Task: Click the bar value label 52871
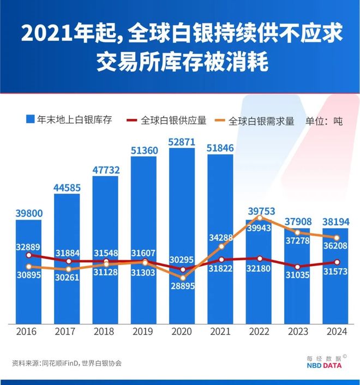click(182, 142)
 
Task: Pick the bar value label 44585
click(67, 188)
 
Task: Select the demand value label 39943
click(259, 227)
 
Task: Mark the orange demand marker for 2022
click(260, 218)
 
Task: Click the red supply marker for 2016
click(28, 255)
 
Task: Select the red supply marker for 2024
click(337, 262)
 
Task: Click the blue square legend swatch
click(31, 119)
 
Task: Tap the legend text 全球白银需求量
click(261, 121)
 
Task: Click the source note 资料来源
click(66, 363)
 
